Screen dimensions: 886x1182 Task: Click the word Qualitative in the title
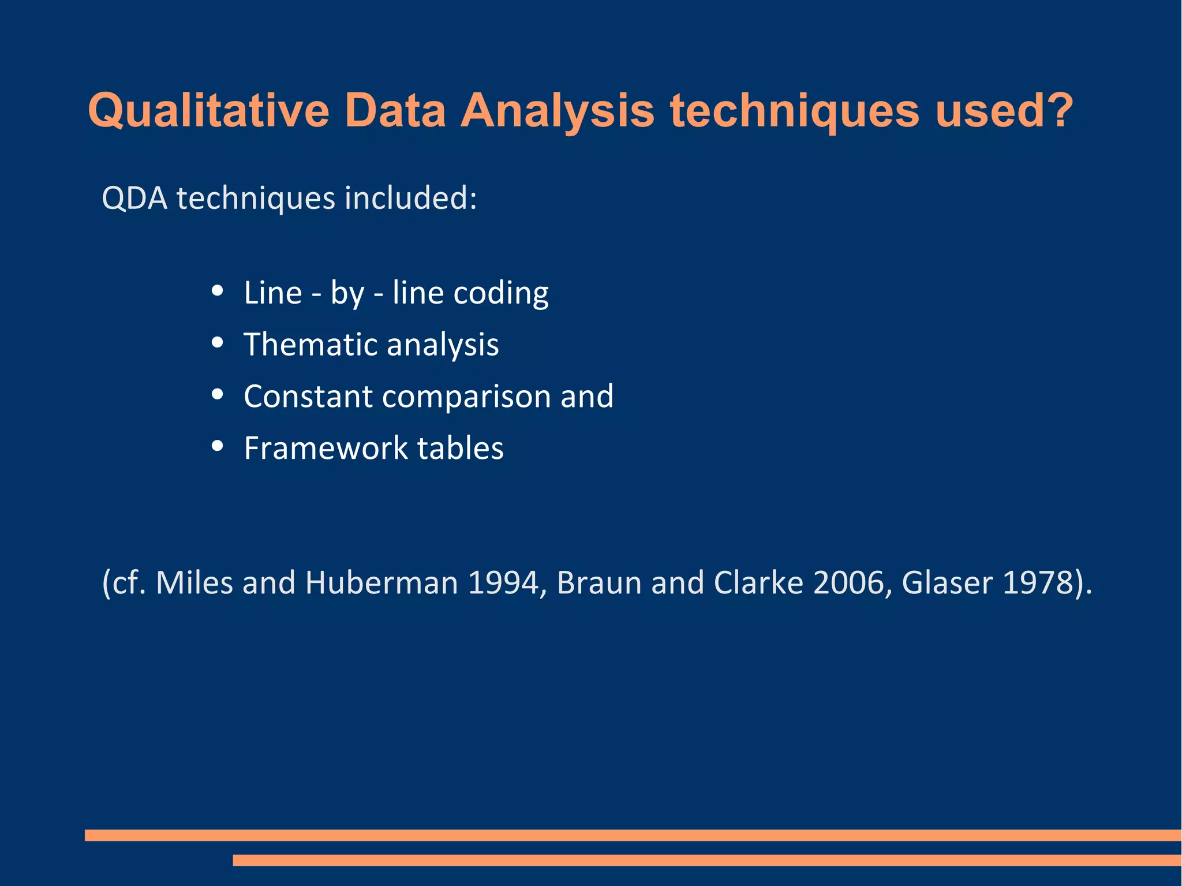(208, 111)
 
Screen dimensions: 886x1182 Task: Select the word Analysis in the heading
(557, 111)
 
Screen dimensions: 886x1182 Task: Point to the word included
(410, 198)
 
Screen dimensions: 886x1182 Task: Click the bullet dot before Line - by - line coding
(218, 291)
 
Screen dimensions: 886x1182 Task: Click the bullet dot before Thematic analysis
(218, 343)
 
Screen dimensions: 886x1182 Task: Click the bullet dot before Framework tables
(218, 446)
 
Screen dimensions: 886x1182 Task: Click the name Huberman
(381, 583)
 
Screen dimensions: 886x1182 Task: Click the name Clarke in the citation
(758, 583)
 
